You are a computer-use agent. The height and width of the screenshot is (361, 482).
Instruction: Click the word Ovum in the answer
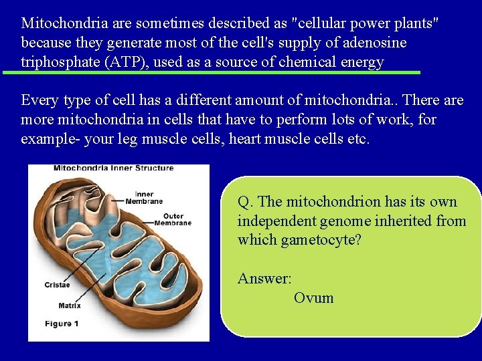coord(313,297)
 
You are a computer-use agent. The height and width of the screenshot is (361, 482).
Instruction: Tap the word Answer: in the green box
coord(264,278)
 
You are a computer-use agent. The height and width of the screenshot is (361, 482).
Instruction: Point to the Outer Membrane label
coord(173,219)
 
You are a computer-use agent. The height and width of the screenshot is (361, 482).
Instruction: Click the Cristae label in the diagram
coord(57,285)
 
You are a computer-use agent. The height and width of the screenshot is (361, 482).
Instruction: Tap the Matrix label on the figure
coord(70,306)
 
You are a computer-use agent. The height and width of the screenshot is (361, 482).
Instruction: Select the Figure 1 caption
coord(62,324)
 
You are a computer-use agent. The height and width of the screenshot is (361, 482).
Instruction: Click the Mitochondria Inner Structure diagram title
coord(113,168)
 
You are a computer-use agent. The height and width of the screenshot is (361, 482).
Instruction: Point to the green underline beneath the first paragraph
coord(211,72)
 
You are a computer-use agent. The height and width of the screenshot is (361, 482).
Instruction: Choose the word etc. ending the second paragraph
coord(356,139)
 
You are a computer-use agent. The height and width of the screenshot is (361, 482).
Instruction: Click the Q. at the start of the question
coord(246,201)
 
